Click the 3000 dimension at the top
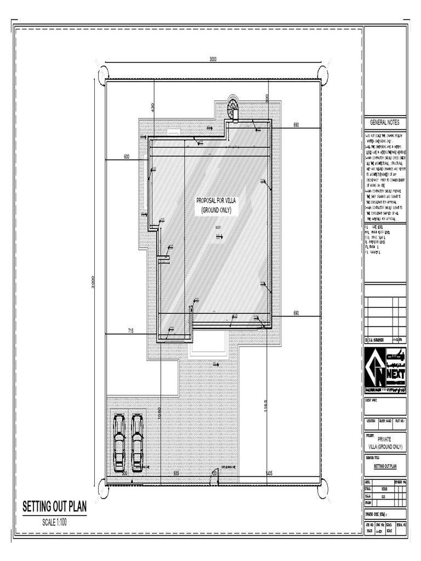[x=213, y=59]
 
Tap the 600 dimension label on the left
[x=127, y=157]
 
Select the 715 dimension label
[x=131, y=330]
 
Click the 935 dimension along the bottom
[x=177, y=472]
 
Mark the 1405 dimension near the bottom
[x=269, y=472]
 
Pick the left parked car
[x=119, y=443]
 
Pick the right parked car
[x=137, y=443]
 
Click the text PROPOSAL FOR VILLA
[x=217, y=201]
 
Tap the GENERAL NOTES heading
[x=385, y=122]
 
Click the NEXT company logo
[x=385, y=370]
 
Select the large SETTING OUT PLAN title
[x=54, y=507]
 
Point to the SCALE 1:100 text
[x=54, y=523]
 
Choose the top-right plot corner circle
[x=323, y=74]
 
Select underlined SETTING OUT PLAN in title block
[x=385, y=467]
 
